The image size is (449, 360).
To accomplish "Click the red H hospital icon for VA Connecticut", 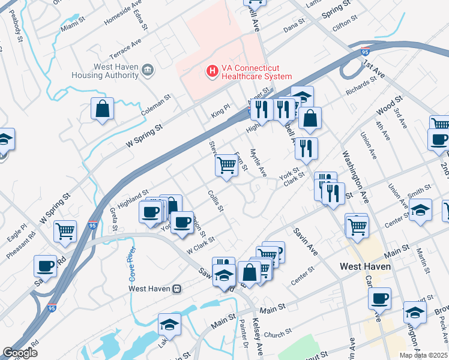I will click(211, 71).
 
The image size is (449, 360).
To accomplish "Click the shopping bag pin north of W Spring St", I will click(102, 109).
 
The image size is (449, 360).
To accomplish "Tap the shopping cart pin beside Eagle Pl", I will click(65, 231).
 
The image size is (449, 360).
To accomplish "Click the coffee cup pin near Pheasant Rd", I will click(46, 266).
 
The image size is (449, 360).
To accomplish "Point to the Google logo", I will click(19, 353).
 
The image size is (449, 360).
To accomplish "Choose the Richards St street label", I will click(360, 88).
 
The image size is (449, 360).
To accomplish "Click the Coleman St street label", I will click(156, 104).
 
